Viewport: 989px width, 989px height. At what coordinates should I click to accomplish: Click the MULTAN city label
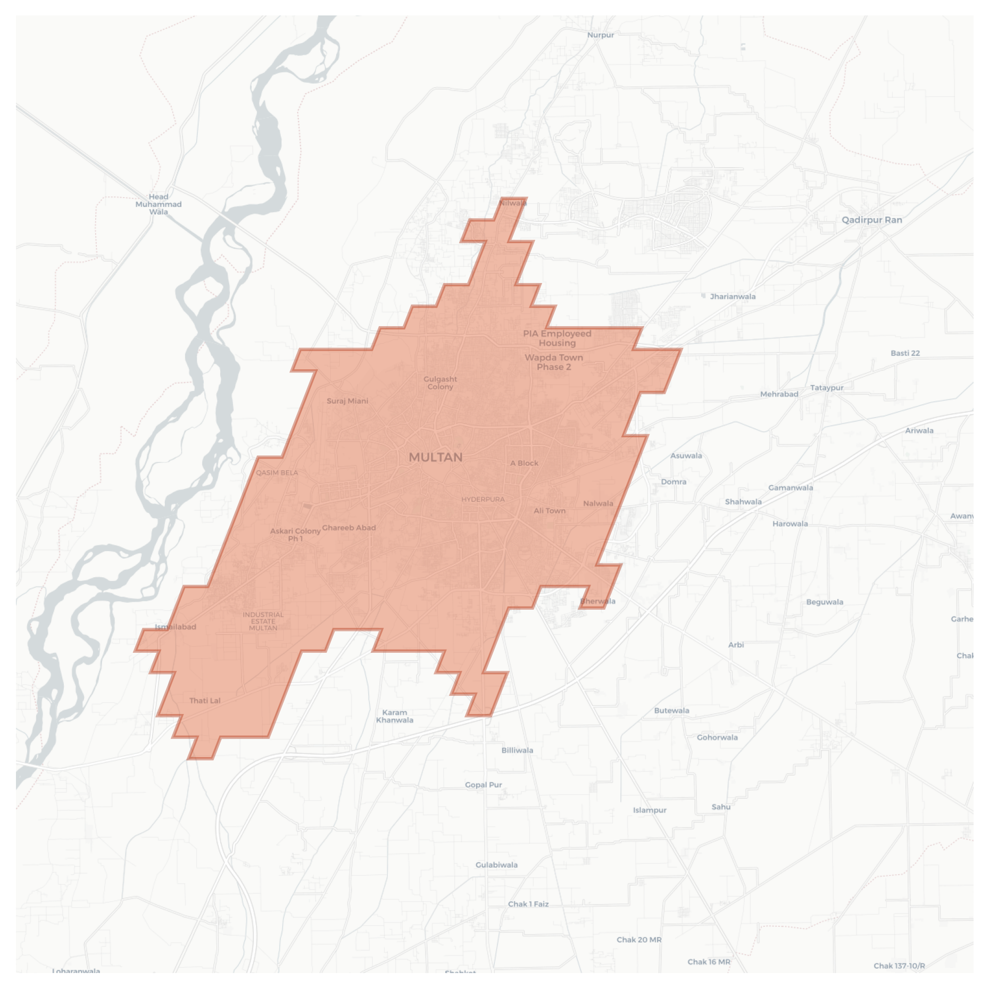(x=435, y=457)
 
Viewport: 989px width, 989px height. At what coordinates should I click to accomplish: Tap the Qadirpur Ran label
(x=871, y=220)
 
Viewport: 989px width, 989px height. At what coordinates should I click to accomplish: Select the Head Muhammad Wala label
(x=158, y=204)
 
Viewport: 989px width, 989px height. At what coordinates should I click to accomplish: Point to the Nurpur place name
(x=600, y=35)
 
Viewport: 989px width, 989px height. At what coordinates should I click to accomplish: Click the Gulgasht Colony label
(x=440, y=383)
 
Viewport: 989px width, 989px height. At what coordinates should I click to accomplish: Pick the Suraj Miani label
(x=347, y=401)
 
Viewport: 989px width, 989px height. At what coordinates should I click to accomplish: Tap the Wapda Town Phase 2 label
(x=554, y=362)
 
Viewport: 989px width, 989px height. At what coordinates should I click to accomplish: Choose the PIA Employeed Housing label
(x=557, y=338)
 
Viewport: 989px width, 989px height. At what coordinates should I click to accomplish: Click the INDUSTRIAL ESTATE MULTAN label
(x=263, y=621)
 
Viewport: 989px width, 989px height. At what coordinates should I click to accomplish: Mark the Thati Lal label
(x=205, y=701)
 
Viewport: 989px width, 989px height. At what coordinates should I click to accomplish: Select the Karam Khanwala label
(x=394, y=717)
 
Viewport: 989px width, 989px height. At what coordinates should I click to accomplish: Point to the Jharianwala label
(x=732, y=296)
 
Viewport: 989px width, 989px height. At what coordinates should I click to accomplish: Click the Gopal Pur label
(x=483, y=785)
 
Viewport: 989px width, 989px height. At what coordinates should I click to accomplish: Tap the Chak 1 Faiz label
(x=528, y=904)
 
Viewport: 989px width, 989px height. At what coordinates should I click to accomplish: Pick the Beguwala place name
(x=824, y=602)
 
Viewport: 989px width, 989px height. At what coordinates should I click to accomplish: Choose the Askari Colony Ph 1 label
(x=295, y=535)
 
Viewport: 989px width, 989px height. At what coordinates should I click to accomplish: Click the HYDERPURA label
(x=483, y=500)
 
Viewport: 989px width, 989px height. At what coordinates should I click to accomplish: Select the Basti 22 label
(x=905, y=353)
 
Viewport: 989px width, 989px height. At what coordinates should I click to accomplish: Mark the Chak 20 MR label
(x=639, y=940)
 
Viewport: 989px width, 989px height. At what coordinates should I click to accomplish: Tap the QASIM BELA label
(x=277, y=472)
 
